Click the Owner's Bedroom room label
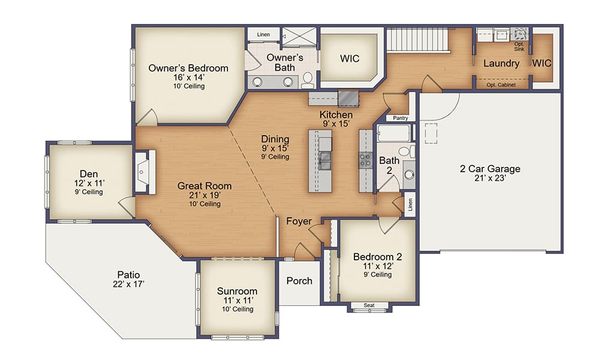[188, 68]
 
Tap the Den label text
[89, 174]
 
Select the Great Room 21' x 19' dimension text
[204, 196]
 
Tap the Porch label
[299, 280]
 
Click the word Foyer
[299, 221]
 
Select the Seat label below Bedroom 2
[369, 305]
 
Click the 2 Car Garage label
[490, 169]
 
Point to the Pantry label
[401, 118]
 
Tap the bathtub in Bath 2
[393, 133]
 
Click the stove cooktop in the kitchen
[366, 159]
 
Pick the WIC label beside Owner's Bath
[350, 59]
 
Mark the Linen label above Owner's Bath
[263, 35]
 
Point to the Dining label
[275, 139]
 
